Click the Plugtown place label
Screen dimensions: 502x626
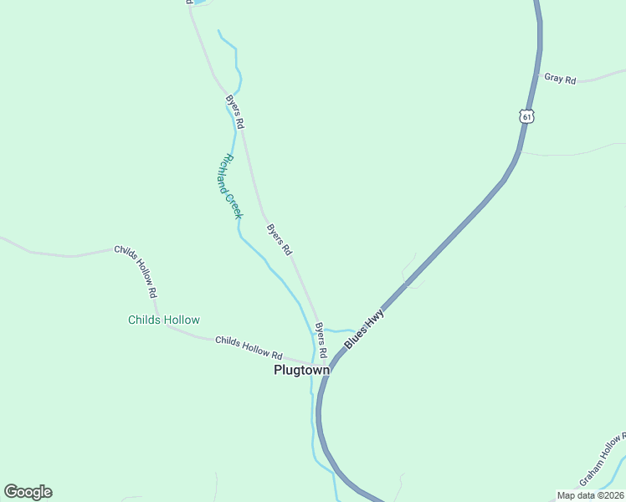coord(301,370)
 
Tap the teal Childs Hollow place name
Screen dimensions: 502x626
coord(164,320)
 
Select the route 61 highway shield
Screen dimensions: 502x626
coord(526,116)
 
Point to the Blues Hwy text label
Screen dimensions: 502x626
coord(364,329)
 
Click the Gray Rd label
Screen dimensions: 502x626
coord(560,79)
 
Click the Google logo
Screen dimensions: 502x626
coord(28,492)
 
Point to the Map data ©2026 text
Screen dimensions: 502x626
coord(589,495)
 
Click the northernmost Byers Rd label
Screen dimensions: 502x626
coord(234,110)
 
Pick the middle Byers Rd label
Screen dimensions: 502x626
coord(280,239)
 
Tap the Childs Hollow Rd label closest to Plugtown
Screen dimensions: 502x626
coord(249,347)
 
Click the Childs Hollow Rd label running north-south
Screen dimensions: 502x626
coord(136,272)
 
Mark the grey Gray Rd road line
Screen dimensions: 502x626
coord(603,78)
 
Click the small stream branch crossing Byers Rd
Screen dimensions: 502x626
coord(335,330)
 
